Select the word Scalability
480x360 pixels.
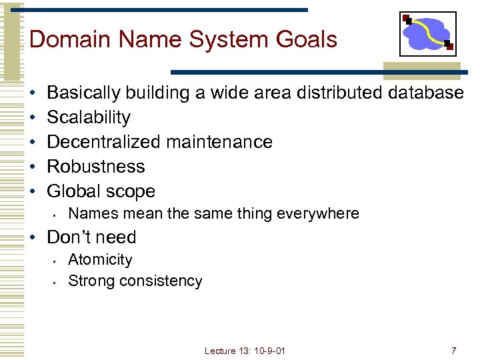[89, 117]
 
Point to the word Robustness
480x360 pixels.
[96, 167]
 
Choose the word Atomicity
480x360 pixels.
[100, 259]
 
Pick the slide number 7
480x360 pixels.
[453, 351]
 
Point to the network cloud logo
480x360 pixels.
[427, 34]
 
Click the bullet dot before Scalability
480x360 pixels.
[32, 117]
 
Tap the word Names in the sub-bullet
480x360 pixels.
[90, 213]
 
